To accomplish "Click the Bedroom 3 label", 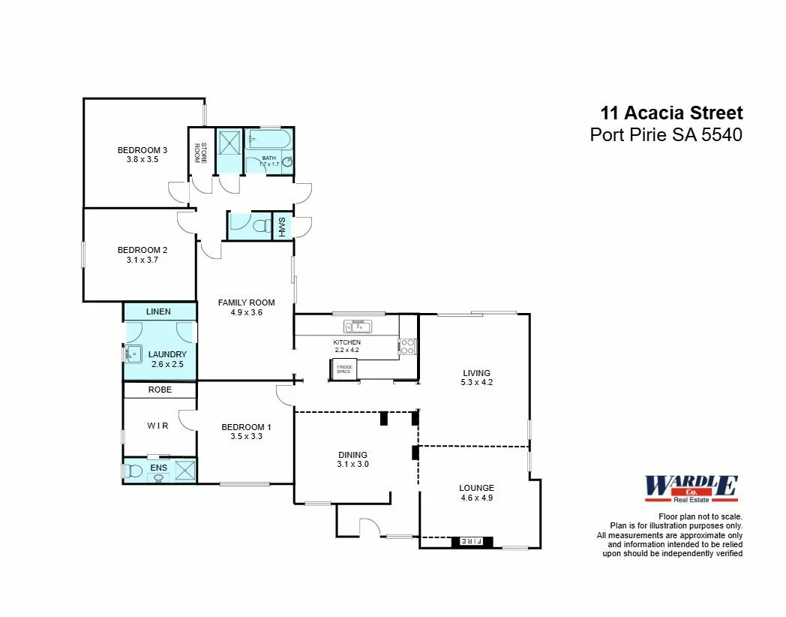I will pos(142,150).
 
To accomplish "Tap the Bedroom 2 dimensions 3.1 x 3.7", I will pos(142,260).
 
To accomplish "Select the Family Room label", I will pos(246,302).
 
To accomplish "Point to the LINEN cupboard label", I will pos(159,312).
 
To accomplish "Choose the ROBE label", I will pos(160,390).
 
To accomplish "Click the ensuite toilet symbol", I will pos(133,471).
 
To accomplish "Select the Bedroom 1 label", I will pos(246,427).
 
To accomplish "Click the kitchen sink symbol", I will pos(358,326).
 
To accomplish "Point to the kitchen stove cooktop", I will pos(407,346).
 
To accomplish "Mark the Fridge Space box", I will pos(344,369).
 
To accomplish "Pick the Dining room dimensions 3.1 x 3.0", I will pos(352,464).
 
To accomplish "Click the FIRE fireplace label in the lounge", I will pos(471,540).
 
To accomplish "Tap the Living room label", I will pos(476,372).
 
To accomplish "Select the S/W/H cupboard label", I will pos(282,226).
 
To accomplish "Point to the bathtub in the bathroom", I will pos(268,143).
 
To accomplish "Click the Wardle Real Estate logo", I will pos(691,489).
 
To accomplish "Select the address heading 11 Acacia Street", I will pos(671,113).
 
